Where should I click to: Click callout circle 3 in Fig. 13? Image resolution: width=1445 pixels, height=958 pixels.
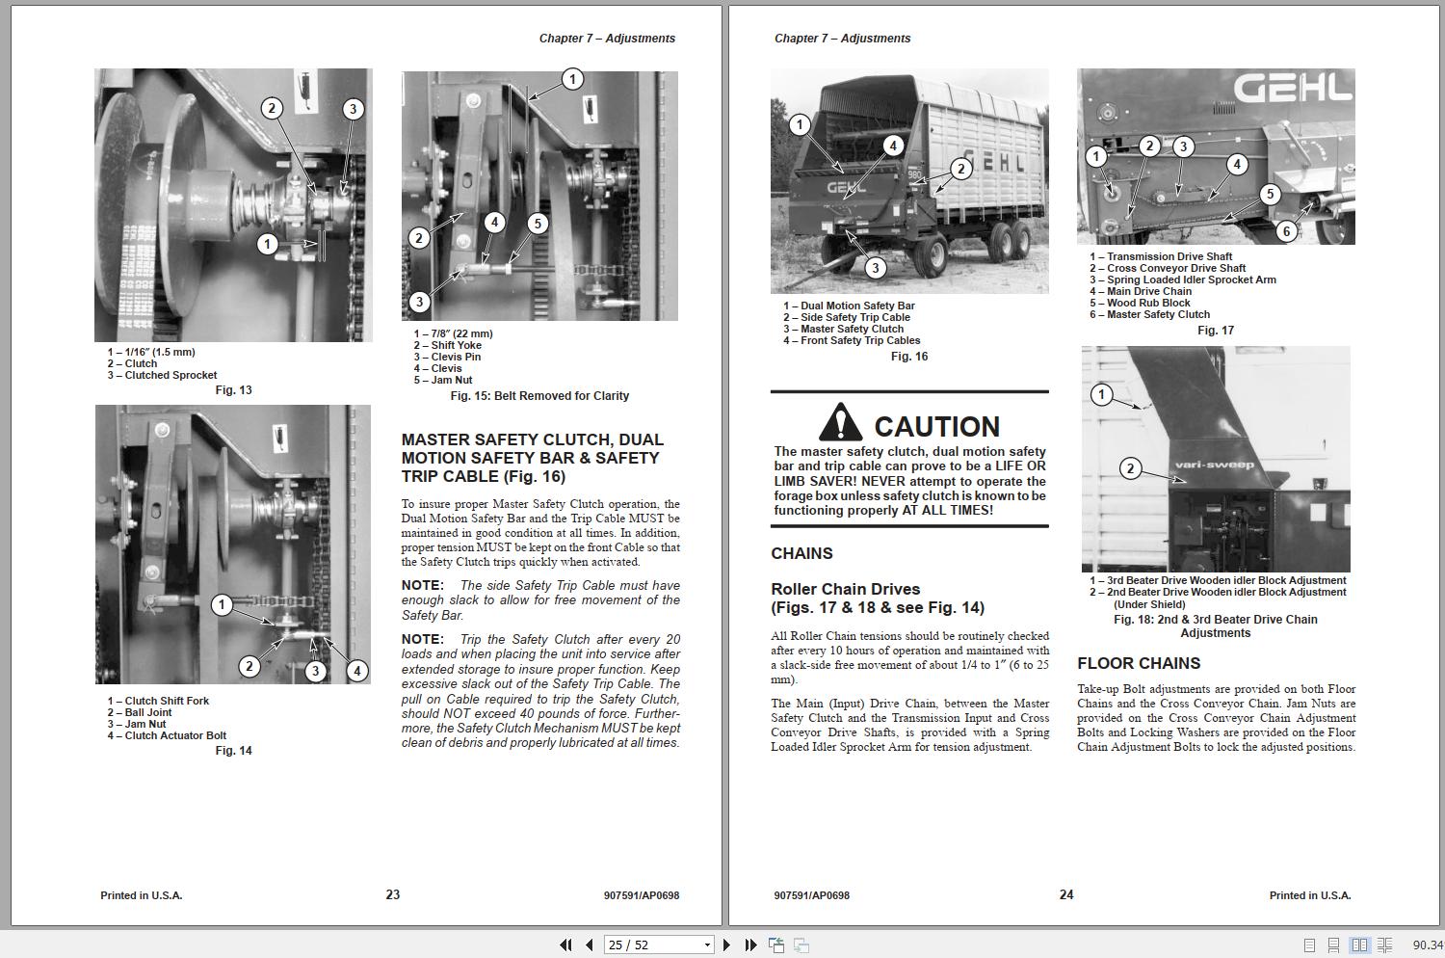click(x=353, y=109)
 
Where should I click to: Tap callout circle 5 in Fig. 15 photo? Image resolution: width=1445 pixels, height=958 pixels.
click(x=538, y=224)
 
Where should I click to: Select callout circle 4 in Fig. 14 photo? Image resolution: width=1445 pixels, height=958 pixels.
click(x=356, y=671)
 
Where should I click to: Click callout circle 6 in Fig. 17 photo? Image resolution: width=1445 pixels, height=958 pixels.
click(x=1285, y=231)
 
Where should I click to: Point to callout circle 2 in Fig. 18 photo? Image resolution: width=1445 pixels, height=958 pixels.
click(x=1130, y=469)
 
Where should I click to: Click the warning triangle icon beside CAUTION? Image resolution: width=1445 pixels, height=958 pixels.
click(x=840, y=423)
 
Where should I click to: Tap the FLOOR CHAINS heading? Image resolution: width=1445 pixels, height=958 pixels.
click(x=1138, y=663)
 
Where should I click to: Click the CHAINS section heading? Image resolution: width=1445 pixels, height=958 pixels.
click(x=801, y=553)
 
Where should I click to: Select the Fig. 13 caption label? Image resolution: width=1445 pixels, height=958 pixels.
click(x=233, y=390)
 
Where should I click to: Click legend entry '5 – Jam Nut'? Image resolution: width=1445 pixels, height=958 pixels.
click(x=443, y=380)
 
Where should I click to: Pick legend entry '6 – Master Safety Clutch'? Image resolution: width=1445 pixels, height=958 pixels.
click(x=1149, y=314)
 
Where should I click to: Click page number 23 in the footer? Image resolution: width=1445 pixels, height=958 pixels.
click(x=393, y=894)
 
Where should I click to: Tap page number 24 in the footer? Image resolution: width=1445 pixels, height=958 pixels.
click(x=1066, y=894)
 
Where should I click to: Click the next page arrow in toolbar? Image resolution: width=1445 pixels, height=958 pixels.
click(x=726, y=945)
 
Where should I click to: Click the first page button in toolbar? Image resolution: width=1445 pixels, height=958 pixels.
click(x=565, y=945)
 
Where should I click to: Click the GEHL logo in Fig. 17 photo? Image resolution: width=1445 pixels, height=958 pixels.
click(x=1293, y=89)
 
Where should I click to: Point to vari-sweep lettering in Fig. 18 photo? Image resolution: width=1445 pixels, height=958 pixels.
click(x=1214, y=465)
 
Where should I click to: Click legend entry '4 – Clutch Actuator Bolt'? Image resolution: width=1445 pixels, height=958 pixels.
click(x=167, y=735)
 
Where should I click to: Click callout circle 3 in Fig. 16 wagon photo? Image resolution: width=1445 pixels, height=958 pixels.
click(x=875, y=268)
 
